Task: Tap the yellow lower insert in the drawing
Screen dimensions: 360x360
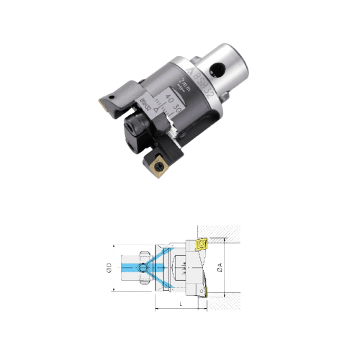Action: tap(204, 292)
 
